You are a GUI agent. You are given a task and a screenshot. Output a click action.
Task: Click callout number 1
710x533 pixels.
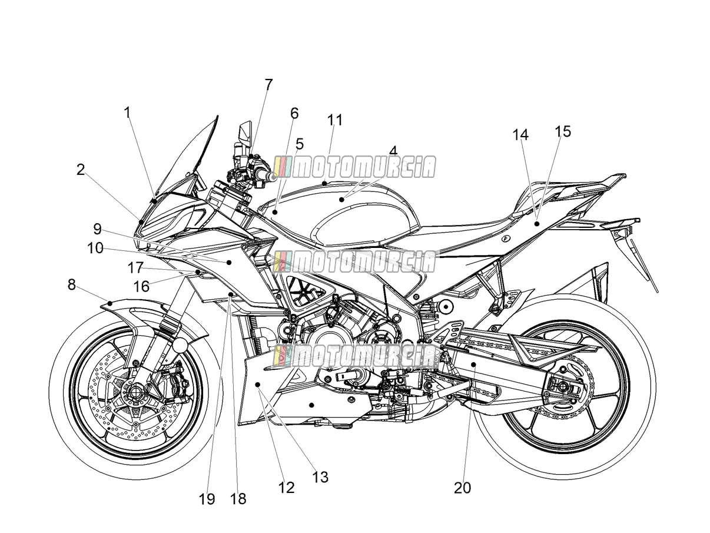(x=127, y=113)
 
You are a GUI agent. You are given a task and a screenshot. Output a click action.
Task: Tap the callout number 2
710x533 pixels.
(x=81, y=170)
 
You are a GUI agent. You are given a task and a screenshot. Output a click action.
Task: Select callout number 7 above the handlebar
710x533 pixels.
(x=268, y=85)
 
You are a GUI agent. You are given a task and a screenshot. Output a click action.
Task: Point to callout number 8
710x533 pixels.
(x=72, y=284)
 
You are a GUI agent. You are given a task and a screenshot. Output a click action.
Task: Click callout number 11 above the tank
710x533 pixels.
(x=335, y=120)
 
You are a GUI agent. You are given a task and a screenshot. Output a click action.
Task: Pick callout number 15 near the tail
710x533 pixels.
(x=563, y=131)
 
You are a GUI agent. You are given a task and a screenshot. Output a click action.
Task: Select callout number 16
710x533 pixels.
(x=141, y=286)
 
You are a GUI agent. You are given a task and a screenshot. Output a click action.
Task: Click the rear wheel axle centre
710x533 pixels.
(x=562, y=385)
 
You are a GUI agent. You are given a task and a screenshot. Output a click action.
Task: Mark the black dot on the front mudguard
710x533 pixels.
(x=110, y=303)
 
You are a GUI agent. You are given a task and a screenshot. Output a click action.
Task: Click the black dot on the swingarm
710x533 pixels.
(x=473, y=365)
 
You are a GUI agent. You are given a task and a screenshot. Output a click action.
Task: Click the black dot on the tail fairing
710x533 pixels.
(x=537, y=223)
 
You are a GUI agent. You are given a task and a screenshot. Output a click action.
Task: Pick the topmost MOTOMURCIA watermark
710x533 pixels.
(x=354, y=167)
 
